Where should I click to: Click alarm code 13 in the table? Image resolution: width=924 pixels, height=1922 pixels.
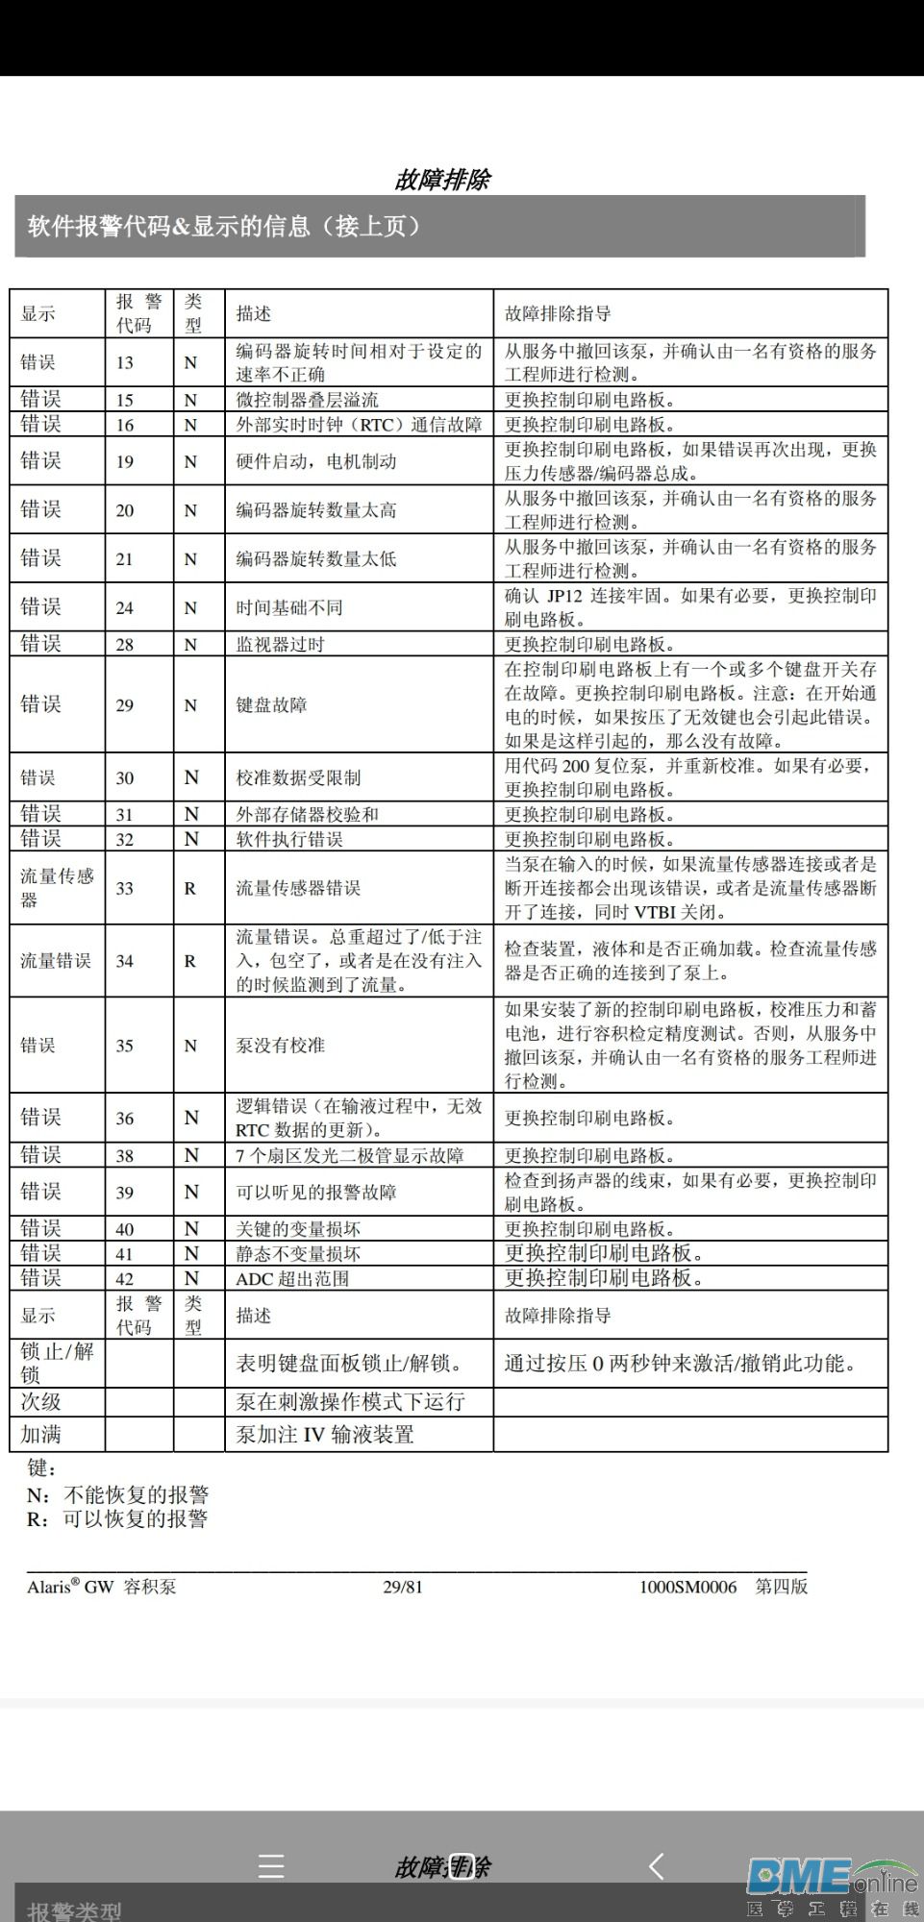(x=125, y=362)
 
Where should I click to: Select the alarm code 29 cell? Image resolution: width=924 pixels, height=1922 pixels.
(x=125, y=704)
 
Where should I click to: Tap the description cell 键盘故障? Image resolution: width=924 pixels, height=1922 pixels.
(x=272, y=704)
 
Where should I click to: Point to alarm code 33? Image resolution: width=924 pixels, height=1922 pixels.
(x=125, y=888)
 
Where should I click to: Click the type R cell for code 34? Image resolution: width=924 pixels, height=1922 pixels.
(x=190, y=961)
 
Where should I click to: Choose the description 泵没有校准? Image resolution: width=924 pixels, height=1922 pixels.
(x=281, y=1045)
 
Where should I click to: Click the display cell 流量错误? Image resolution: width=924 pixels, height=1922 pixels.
(x=56, y=961)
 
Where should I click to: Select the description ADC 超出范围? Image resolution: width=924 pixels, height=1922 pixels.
(x=292, y=1278)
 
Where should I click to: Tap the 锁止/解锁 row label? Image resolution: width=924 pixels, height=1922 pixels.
(x=57, y=1363)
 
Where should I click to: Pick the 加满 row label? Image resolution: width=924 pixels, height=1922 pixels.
(x=41, y=1434)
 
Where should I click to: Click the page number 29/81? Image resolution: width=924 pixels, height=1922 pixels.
(x=403, y=1587)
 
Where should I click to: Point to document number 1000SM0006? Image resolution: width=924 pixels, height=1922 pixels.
(x=687, y=1587)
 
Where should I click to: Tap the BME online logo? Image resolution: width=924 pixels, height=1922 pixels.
(x=832, y=1885)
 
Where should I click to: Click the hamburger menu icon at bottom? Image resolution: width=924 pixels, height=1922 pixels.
(x=271, y=1866)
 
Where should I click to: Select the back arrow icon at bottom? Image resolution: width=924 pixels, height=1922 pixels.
(x=657, y=1866)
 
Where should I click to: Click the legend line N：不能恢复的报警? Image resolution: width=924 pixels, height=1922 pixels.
(x=117, y=1494)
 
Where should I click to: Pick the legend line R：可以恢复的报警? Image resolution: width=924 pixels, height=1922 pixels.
(x=117, y=1518)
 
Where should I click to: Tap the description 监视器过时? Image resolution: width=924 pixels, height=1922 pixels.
(x=281, y=644)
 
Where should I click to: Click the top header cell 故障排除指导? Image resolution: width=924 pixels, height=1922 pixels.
(x=558, y=313)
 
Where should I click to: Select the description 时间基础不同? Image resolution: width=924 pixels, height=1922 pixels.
(x=289, y=607)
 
